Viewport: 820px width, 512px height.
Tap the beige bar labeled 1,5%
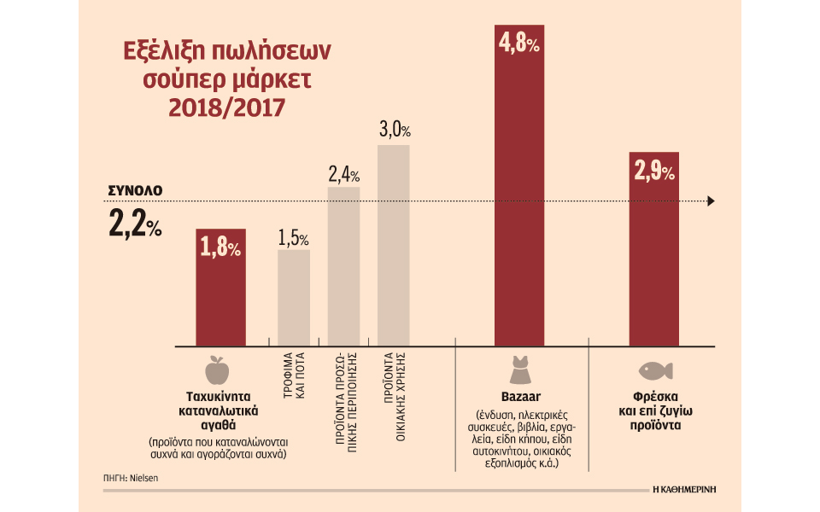point(294,299)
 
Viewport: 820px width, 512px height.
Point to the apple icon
point(217,371)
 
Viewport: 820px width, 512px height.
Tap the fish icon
point(654,371)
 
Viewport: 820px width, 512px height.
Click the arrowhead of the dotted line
point(711,201)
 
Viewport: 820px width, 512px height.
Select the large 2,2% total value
point(135,224)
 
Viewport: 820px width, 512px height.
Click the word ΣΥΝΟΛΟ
point(135,189)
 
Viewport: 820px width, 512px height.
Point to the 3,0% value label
point(395,131)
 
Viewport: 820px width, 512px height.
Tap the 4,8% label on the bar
point(518,44)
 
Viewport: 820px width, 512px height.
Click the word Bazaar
point(518,397)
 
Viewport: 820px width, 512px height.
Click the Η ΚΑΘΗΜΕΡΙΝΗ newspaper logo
point(683,489)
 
